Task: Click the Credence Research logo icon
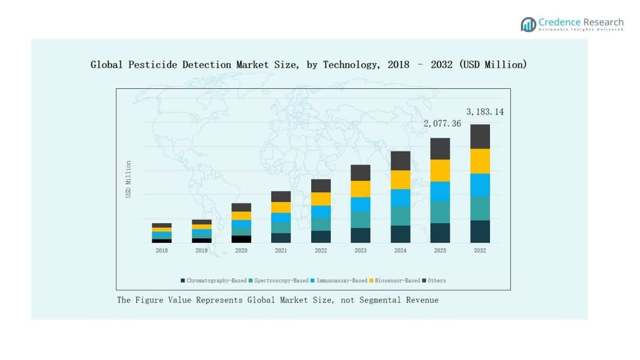click(x=528, y=24)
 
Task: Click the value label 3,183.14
click(x=484, y=112)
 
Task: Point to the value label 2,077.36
click(x=442, y=123)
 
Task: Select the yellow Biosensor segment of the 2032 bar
click(x=480, y=161)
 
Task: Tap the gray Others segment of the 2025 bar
click(x=440, y=148)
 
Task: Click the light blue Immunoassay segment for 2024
click(x=400, y=197)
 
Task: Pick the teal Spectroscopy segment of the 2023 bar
click(x=360, y=220)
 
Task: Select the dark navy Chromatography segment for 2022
click(x=321, y=236)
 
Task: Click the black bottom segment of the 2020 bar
click(x=241, y=239)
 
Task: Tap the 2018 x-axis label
click(x=162, y=250)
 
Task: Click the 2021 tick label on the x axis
click(x=281, y=250)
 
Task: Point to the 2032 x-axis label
click(x=480, y=250)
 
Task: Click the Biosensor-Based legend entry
click(x=397, y=280)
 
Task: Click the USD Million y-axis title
click(x=128, y=179)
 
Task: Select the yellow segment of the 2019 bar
click(x=202, y=227)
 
